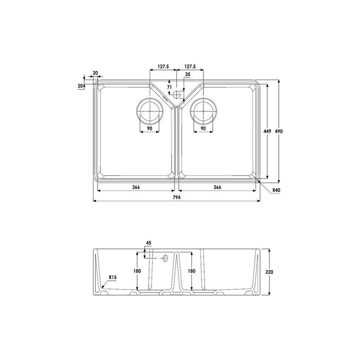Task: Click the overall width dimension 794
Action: tap(177, 197)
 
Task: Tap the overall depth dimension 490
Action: tap(279, 131)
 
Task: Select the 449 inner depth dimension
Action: tap(267, 131)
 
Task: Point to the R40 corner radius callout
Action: tap(277, 190)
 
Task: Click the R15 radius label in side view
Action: tap(113, 277)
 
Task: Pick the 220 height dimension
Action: tap(269, 272)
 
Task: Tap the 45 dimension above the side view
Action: tap(149, 243)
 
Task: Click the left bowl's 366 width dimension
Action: tap(136, 187)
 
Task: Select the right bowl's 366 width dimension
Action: tap(217, 187)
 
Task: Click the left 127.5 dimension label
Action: tap(163, 66)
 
